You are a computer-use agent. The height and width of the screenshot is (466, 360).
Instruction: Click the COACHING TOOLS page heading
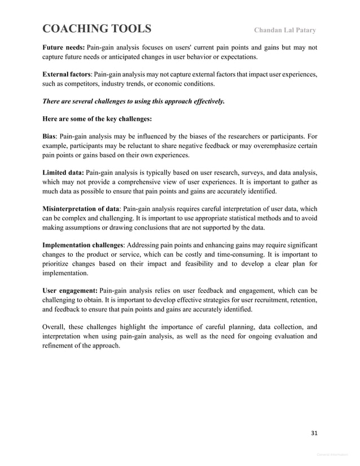(96, 29)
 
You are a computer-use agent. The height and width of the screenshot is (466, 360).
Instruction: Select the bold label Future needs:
(63, 48)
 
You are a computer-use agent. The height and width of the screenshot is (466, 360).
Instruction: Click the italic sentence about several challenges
(133, 102)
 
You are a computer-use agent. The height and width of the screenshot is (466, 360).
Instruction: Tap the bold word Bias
(49, 137)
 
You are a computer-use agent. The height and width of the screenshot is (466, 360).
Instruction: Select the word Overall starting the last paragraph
(55, 327)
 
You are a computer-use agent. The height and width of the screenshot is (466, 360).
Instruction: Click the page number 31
(314, 433)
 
